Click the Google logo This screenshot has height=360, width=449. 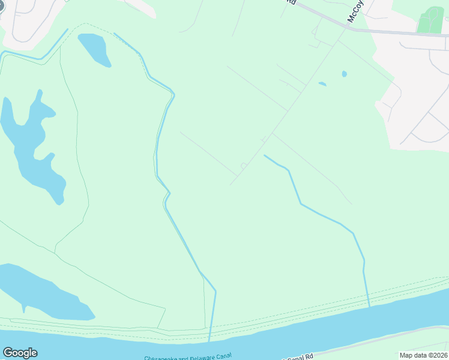click(x=20, y=353)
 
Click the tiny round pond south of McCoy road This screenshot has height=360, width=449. click(x=344, y=74)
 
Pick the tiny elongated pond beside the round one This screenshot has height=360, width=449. click(x=322, y=83)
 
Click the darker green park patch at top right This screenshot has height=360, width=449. click(x=430, y=20)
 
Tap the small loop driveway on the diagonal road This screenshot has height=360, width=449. click(x=244, y=165)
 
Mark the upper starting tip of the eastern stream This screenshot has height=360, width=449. click(x=265, y=155)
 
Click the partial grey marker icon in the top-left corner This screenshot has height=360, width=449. click(x=2, y=5)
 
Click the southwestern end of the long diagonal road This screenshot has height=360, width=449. click(x=230, y=184)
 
